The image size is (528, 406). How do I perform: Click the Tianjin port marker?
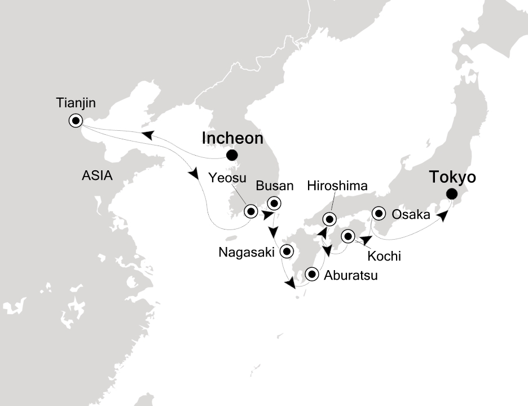click(x=75, y=120)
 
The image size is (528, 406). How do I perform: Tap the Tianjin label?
click(x=76, y=103)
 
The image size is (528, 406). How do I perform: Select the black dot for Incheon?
click(x=231, y=156)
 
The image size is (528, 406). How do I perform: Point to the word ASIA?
click(x=96, y=176)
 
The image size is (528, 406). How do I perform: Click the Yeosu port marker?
click(x=251, y=212)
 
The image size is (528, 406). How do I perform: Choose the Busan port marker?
click(x=274, y=203)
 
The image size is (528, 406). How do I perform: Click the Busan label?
click(x=275, y=186)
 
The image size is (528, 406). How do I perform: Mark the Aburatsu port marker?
click(x=312, y=275)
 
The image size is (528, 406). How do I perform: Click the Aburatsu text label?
click(x=350, y=276)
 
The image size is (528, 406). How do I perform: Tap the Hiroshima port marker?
click(x=329, y=219)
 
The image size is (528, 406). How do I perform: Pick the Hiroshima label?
click(x=337, y=186)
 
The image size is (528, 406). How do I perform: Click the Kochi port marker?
click(x=348, y=236)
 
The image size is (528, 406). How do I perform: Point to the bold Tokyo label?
click(x=452, y=177)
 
